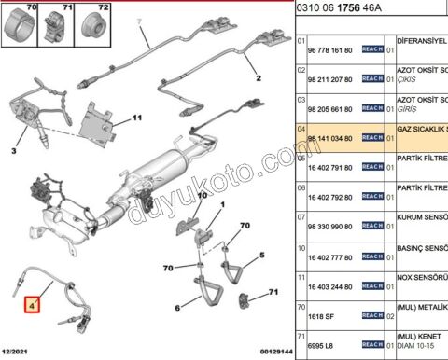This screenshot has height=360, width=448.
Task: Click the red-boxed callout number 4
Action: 33,303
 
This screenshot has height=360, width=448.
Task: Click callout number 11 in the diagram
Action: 136,118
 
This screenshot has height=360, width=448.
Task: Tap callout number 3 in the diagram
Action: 15,150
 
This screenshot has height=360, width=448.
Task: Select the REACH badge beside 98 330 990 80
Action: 372,226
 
